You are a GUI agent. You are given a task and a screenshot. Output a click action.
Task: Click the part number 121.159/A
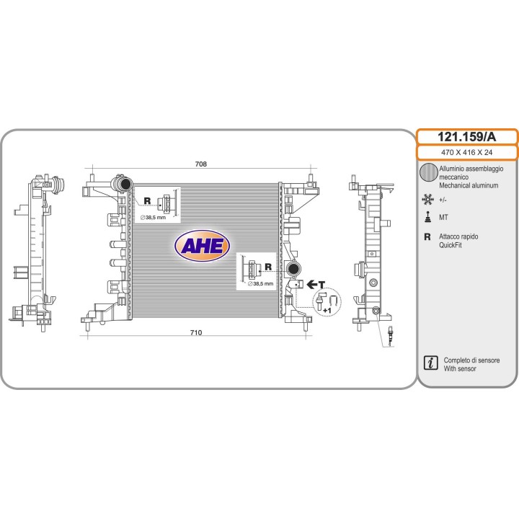pos(466,137)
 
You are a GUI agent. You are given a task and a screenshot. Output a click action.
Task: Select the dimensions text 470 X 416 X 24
pos(466,152)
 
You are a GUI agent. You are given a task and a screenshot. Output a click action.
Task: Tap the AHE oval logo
pos(202,246)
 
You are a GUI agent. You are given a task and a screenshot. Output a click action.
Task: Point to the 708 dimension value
pos(201,164)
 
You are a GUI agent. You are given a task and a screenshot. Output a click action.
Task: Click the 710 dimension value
pos(196,332)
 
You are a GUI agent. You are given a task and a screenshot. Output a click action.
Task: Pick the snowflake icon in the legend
pos(427,200)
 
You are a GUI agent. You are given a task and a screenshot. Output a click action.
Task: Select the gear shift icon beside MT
pos(427,217)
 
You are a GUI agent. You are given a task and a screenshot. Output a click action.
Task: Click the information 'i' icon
pos(430,363)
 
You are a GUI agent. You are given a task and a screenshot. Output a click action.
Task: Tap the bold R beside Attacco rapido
pos(427,236)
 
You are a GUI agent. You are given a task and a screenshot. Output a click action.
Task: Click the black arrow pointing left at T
pos(312,284)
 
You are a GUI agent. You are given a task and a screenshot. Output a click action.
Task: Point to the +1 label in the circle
pos(327,311)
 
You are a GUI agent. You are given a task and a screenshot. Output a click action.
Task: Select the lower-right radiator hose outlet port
pos(293,268)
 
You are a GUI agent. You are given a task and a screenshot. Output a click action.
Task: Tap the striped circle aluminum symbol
pos(429,172)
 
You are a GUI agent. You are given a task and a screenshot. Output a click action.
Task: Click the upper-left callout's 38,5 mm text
pos(153,218)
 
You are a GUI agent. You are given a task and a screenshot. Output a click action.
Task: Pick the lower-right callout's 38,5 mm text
pos(261,284)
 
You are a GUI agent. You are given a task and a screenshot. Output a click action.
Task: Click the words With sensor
pos(460,369)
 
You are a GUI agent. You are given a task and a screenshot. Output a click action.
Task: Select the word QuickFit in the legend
pos(450,245)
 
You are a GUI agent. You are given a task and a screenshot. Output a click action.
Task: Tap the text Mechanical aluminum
pos(469,185)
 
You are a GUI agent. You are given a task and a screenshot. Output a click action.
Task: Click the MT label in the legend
pos(443,218)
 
